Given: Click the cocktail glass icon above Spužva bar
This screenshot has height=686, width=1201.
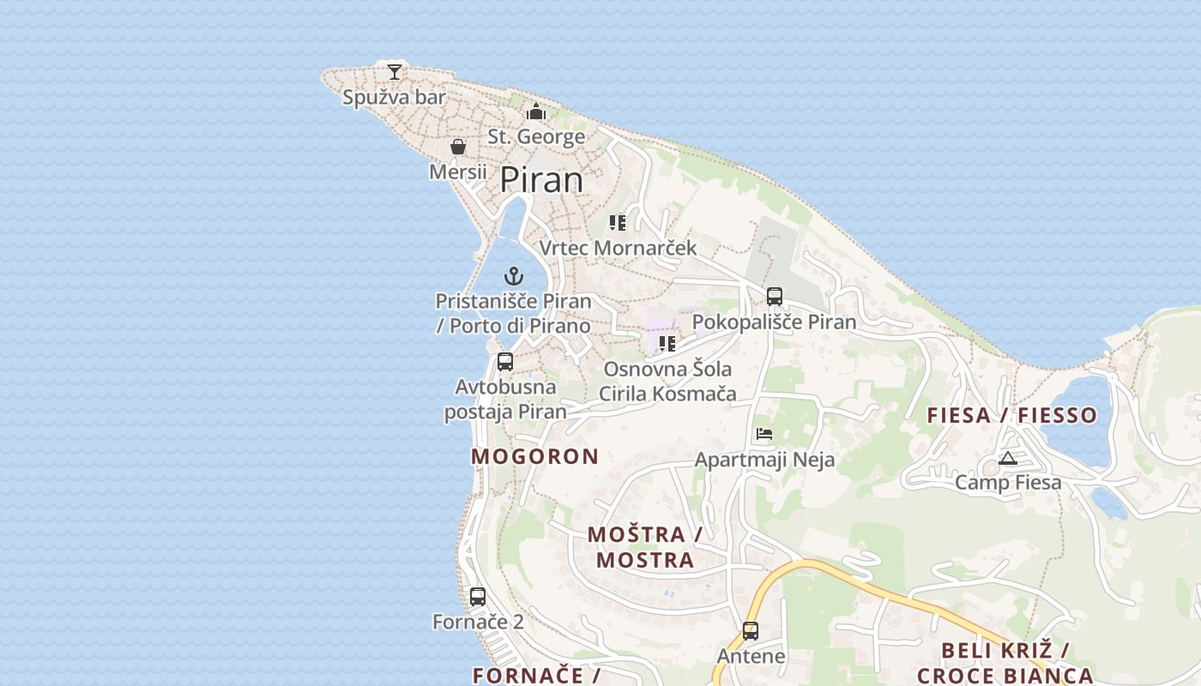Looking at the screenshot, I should [x=395, y=71].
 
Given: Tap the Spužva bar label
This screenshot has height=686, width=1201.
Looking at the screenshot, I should [x=395, y=98].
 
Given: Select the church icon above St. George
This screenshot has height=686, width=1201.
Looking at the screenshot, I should [x=536, y=111].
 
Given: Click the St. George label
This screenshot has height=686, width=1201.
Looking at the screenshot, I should [x=536, y=136].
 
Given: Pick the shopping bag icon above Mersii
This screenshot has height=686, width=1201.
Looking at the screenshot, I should [x=458, y=147].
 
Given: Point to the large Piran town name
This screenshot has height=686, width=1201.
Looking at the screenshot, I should [x=541, y=180].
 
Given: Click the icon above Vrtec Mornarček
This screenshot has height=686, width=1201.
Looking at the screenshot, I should [x=618, y=223].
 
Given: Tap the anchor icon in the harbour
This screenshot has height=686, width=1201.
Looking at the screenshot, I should [x=514, y=276].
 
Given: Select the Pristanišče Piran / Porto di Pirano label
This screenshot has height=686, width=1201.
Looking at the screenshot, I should [x=514, y=314].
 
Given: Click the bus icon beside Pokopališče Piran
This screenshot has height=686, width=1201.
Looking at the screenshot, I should [x=775, y=297].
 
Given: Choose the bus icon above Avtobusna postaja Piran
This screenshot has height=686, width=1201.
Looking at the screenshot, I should [x=505, y=362].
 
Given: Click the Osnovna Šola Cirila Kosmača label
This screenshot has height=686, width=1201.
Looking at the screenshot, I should [x=667, y=382].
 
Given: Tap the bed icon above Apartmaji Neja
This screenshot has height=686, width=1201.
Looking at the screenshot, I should [x=764, y=434].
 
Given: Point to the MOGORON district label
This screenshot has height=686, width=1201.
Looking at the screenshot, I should [x=534, y=456].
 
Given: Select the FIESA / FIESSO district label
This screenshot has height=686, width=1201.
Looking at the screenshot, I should [x=1012, y=415].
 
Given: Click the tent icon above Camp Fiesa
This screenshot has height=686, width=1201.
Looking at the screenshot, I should [x=1008, y=459].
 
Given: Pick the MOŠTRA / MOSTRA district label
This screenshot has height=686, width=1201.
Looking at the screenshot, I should [x=645, y=547].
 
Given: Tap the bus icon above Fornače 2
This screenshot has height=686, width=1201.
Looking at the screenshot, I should [x=478, y=596].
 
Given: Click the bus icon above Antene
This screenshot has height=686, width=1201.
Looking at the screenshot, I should [x=751, y=631].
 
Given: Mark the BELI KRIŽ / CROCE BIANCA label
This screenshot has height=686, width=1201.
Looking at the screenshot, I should [x=1005, y=663].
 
